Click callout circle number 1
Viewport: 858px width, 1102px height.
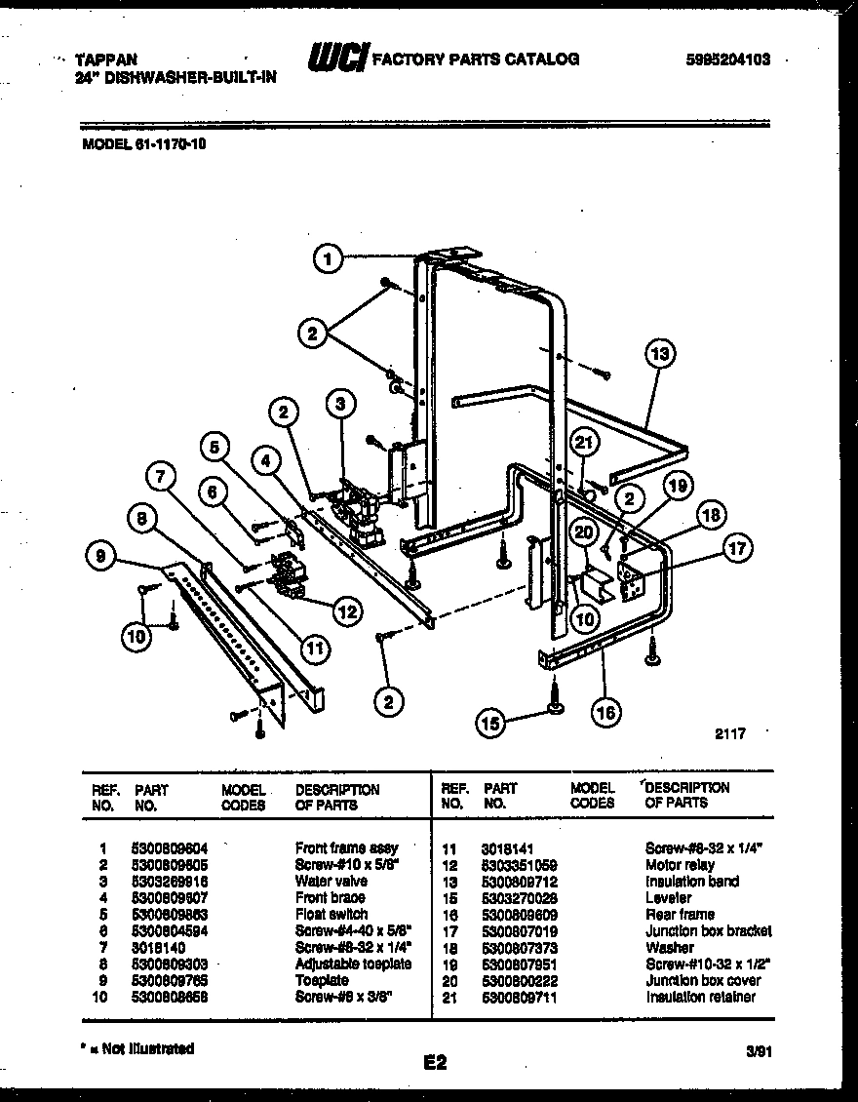[x=330, y=259]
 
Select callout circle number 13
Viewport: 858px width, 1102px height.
[x=660, y=354]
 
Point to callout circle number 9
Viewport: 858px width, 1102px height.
[x=100, y=557]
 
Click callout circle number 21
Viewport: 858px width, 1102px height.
[x=582, y=444]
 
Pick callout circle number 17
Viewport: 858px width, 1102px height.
[x=737, y=550]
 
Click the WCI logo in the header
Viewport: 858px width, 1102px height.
[x=336, y=59]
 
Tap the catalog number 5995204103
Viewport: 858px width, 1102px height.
[x=728, y=59]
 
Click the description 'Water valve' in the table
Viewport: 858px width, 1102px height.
[x=331, y=881]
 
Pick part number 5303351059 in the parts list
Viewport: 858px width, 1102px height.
[x=519, y=865]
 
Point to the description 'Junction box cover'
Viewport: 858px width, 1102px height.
[x=702, y=980]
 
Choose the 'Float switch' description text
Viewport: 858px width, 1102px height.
[x=331, y=914]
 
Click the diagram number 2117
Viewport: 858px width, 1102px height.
[x=728, y=734]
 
